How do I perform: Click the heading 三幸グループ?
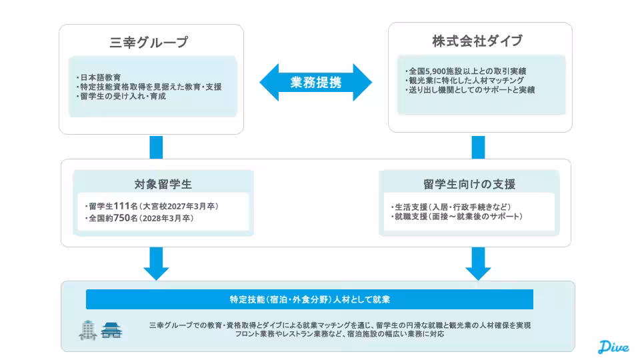[149, 43]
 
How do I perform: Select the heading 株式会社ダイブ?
[477, 41]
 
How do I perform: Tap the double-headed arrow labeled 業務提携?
[316, 83]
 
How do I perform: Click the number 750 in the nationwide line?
[122, 218]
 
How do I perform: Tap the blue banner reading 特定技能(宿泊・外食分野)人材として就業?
[309, 299]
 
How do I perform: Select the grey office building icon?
[88, 329]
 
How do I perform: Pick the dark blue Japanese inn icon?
[111, 330]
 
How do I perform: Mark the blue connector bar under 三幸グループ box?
[156, 147]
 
